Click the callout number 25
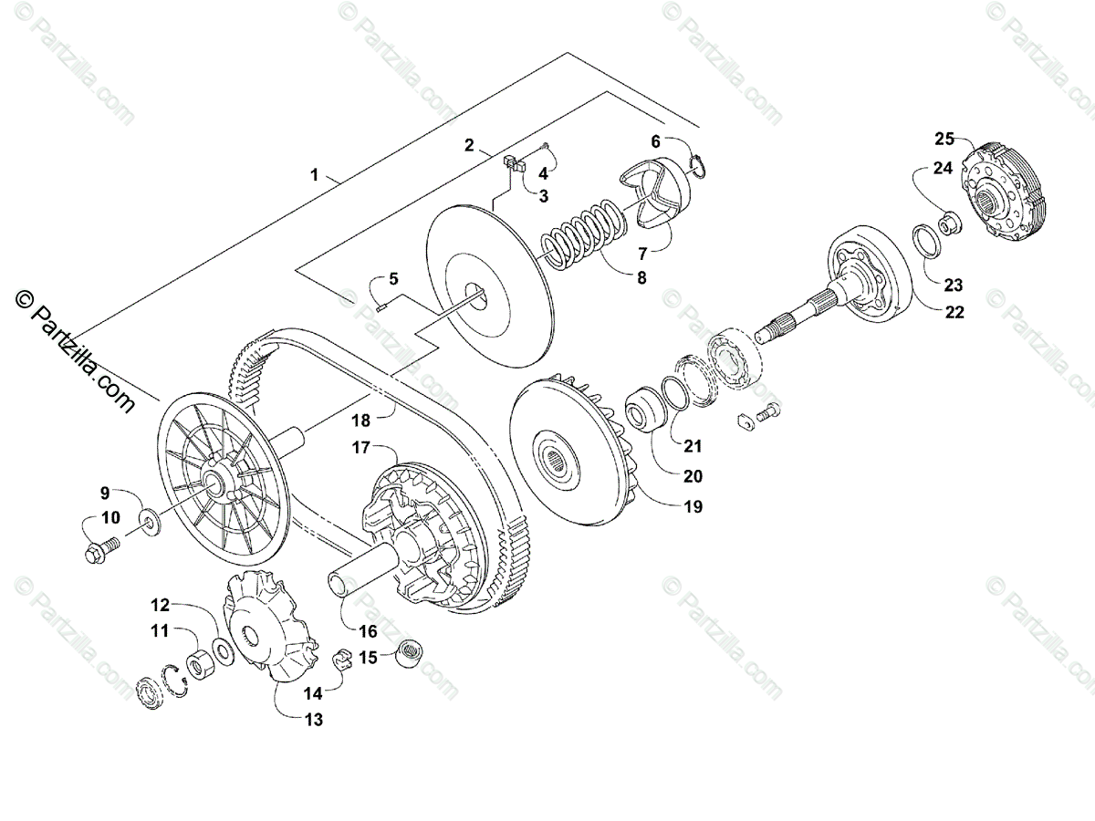click(944, 139)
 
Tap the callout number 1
click(315, 174)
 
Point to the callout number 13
click(313, 720)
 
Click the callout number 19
click(693, 506)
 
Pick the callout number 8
click(641, 278)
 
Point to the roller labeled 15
click(409, 655)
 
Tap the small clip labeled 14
click(340, 657)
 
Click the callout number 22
click(954, 312)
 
